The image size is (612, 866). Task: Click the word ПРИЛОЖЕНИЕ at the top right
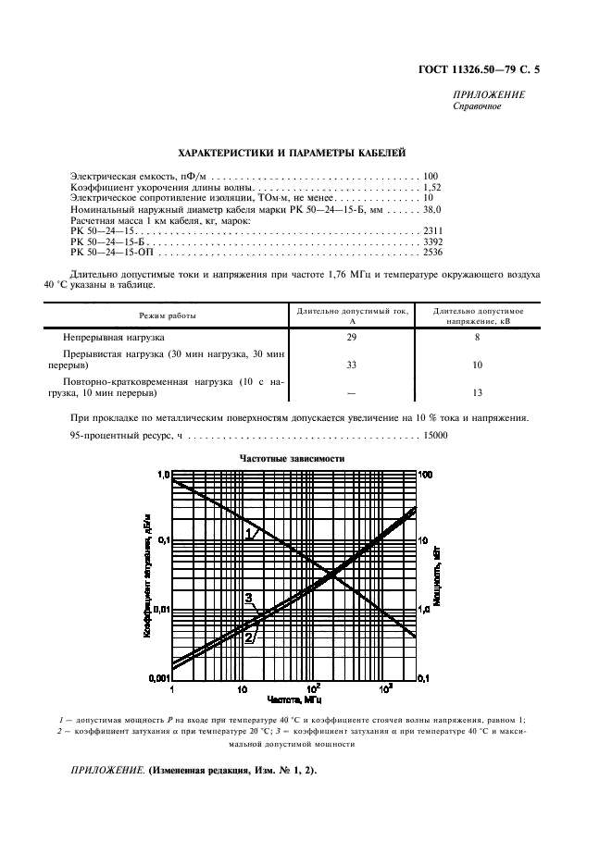coord(488,95)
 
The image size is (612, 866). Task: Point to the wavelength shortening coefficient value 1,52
coord(432,186)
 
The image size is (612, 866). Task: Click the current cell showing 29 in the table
coord(351,339)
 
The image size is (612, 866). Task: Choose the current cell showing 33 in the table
coord(351,365)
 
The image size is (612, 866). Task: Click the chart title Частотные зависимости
coord(292,458)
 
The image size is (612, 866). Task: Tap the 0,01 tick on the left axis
coord(158,611)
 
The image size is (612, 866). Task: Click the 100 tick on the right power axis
coord(425,475)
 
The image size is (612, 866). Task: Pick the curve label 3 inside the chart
coord(248,599)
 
